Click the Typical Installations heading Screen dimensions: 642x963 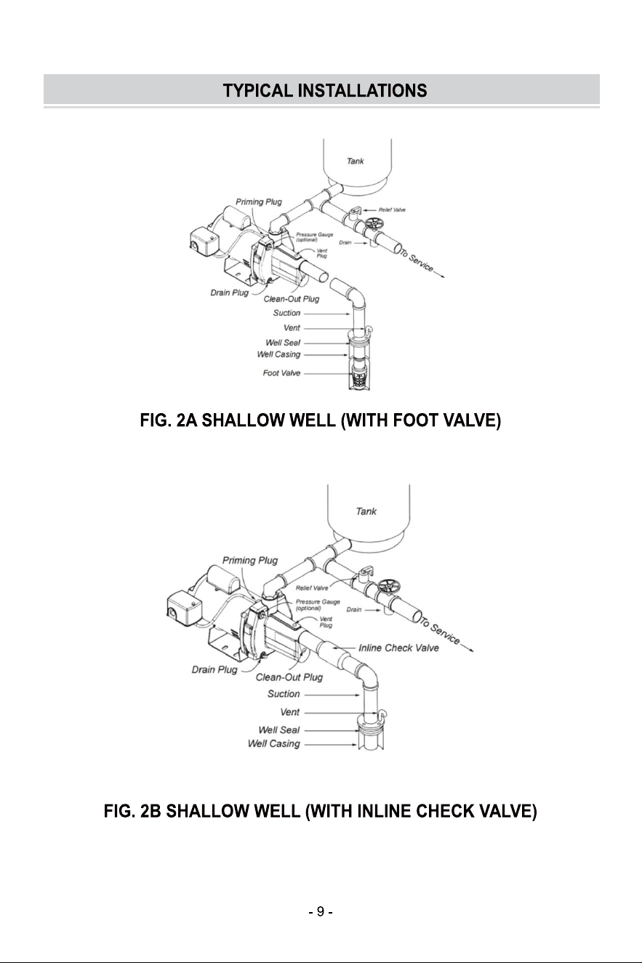(325, 90)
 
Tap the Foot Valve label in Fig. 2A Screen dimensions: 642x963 (281, 373)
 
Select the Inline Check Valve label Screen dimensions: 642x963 (398, 648)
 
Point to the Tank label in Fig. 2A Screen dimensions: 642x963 (356, 161)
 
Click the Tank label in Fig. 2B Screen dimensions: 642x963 (366, 511)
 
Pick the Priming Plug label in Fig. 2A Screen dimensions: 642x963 (259, 202)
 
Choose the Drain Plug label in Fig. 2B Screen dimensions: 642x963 (214, 670)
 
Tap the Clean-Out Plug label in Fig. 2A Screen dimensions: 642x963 (292, 299)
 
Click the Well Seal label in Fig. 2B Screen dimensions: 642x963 (279, 730)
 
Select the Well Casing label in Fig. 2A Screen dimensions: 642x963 (278, 354)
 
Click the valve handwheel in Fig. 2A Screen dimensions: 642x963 (374, 223)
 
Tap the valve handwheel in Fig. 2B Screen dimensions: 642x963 (388, 586)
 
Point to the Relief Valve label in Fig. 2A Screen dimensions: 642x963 (392, 209)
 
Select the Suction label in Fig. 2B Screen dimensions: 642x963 (284, 694)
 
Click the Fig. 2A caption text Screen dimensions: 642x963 (321, 420)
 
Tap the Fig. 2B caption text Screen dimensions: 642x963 (321, 811)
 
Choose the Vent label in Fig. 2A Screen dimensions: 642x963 (292, 328)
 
